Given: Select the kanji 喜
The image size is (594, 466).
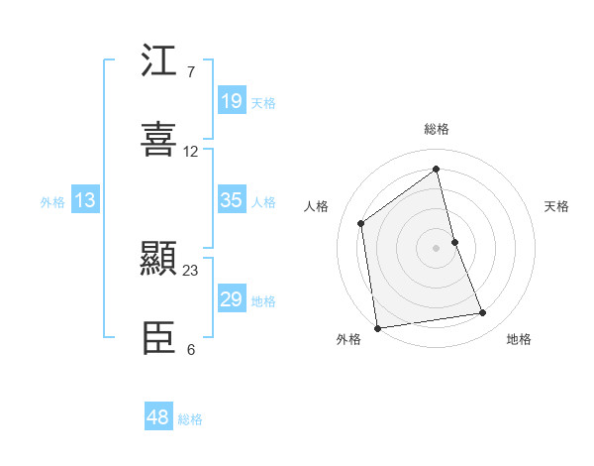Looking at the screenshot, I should point(159,139).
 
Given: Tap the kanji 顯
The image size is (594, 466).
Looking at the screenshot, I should point(159,261).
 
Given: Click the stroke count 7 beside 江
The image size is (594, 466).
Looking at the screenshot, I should point(190,72).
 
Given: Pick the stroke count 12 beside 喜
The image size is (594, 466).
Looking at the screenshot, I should point(191,152).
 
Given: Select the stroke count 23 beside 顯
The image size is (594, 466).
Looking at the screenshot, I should point(191,270).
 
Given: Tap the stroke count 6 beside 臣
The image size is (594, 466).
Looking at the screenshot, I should point(190,349).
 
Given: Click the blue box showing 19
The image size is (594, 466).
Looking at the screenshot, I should point(232,101).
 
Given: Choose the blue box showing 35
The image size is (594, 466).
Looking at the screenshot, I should point(232,200).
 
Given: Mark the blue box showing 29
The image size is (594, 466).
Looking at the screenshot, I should point(232,299).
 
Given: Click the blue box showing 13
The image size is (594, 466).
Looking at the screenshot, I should point(85,200).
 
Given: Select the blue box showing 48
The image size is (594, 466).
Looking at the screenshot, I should point(158,417).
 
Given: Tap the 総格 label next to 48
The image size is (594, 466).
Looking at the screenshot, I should point(190,419).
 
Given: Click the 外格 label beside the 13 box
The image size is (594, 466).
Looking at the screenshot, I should point(52,202).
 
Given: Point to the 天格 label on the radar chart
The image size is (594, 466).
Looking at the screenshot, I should point(557,206).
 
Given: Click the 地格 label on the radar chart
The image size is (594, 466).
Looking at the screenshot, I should point(519,339).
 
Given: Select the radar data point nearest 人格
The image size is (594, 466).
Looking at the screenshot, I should point(361,223).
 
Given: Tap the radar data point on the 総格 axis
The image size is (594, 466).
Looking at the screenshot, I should point(437,169).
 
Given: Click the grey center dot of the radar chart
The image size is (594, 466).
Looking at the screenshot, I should point(437,247).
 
